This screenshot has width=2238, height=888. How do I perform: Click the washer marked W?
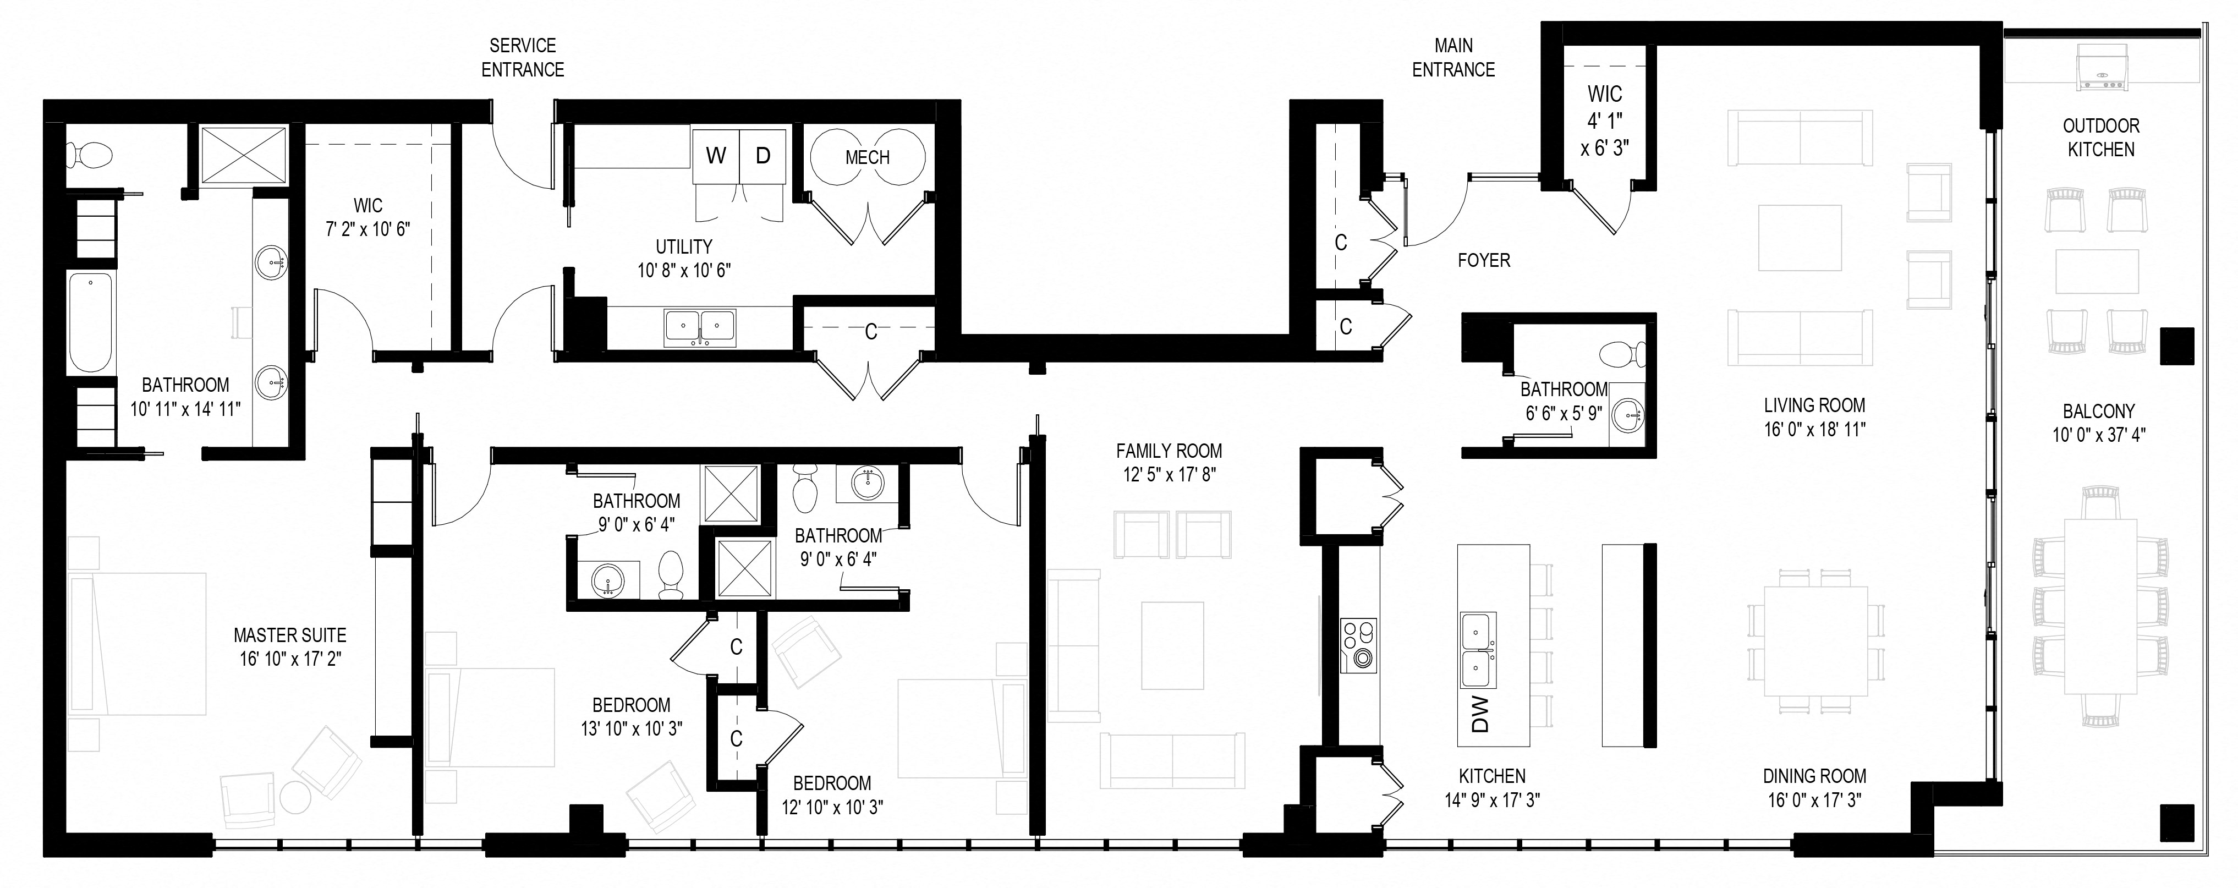[716, 156]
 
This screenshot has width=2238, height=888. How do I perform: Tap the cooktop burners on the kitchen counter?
[1359, 645]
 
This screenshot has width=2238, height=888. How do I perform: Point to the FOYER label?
[1483, 260]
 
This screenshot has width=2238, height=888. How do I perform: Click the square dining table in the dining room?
[1815, 640]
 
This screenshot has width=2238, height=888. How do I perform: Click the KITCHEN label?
[1491, 776]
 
